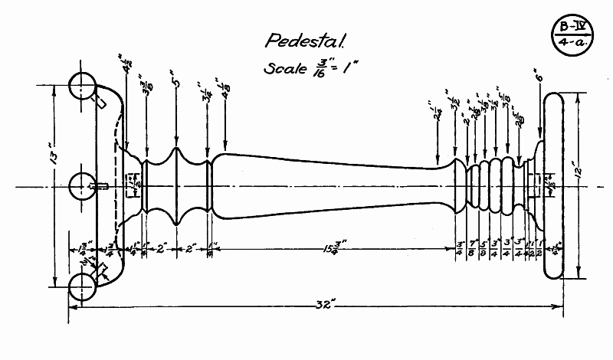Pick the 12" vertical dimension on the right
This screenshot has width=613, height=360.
point(585,186)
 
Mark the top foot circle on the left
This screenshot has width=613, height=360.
point(82,87)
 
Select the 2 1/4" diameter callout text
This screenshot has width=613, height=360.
point(438,113)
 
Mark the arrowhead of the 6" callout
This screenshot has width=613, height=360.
point(539,138)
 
